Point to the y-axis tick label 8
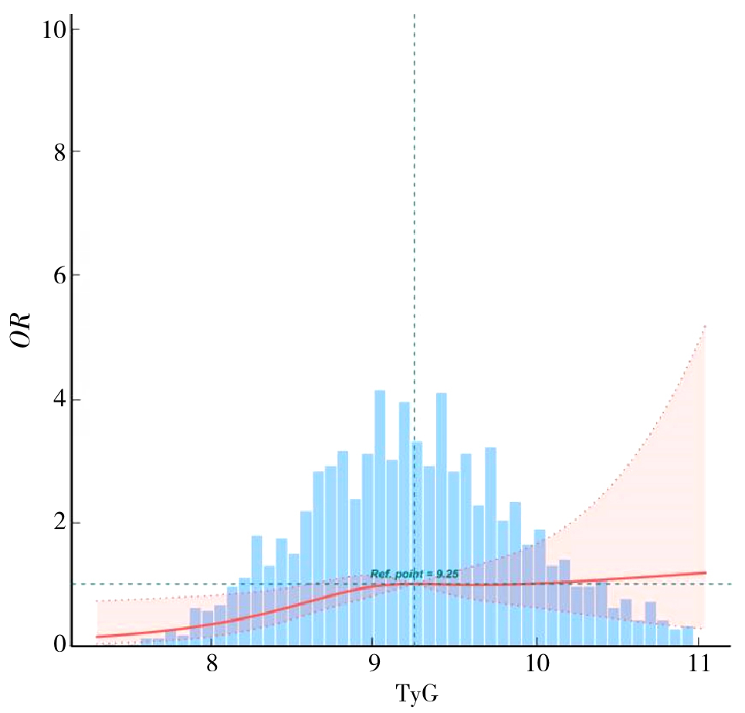(52, 152)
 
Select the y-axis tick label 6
(52, 276)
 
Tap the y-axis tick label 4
(52, 400)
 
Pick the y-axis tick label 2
(52, 523)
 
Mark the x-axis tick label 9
(373, 664)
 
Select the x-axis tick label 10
(536, 664)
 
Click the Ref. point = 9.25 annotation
(415, 574)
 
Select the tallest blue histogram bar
(380, 518)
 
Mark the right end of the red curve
(706, 572)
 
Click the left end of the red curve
(97, 637)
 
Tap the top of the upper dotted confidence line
(706, 326)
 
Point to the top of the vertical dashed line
(415, 14)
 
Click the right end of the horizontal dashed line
(730, 584)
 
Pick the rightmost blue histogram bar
(687, 637)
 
